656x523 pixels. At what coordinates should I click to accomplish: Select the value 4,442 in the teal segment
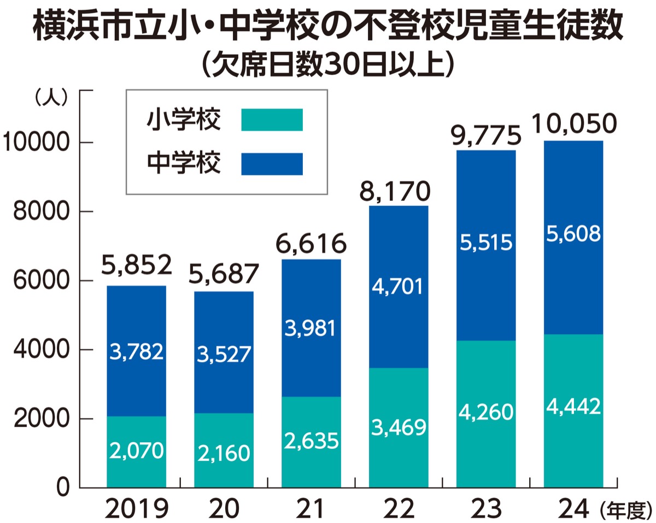pos(573,406)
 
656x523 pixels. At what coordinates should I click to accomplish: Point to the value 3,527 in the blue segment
pos(224,354)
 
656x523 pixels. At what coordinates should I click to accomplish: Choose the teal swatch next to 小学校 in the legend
pos(272,120)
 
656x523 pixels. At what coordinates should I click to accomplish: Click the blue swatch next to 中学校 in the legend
pos(272,164)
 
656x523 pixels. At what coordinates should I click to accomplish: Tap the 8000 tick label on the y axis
pos(37,212)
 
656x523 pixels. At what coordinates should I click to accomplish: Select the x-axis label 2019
pos(136,509)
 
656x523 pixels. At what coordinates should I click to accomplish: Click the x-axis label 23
pos(486,509)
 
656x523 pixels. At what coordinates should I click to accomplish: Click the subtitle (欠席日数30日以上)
pos(328,65)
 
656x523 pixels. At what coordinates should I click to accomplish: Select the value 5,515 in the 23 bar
pos(486,242)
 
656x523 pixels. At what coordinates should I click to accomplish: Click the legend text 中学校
pos(184,164)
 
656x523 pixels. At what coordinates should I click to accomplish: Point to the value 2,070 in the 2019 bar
pos(136,451)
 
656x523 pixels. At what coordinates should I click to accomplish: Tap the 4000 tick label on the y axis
pos(37,350)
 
